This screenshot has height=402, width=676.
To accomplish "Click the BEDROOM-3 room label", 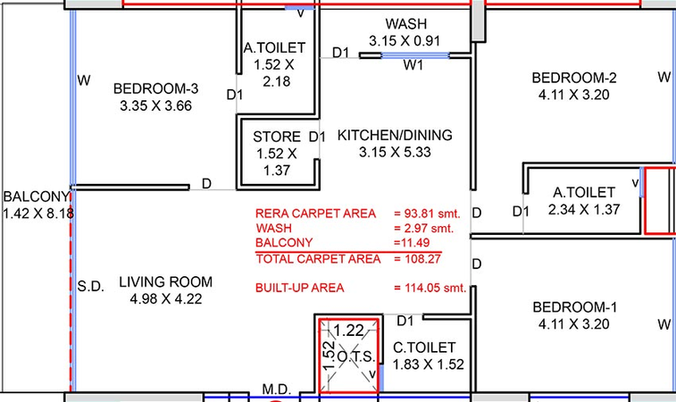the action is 155,88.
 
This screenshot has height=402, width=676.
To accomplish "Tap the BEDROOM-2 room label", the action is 574,78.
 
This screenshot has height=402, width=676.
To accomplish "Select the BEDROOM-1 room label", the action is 575,307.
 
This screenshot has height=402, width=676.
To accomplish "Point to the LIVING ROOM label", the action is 165,281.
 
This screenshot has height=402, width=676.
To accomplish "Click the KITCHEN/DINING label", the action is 395,135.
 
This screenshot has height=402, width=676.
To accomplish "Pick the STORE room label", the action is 277,137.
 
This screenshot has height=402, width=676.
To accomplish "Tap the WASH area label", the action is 406,24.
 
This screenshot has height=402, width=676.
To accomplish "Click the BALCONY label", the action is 37,197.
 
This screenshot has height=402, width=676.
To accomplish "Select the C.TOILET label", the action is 424,348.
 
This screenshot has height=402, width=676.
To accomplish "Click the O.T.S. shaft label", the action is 355,356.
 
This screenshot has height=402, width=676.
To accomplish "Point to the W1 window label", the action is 413,65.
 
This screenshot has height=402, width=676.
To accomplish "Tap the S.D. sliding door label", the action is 90,286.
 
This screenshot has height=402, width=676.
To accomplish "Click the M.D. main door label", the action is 276,389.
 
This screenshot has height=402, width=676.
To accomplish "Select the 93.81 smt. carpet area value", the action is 432,214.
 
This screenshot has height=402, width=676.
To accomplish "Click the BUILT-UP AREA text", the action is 300,288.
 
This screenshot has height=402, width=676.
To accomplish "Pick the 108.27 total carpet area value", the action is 422,259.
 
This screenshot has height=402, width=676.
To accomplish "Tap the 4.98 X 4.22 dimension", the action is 166,299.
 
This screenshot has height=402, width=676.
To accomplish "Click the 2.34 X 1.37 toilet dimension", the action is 584,210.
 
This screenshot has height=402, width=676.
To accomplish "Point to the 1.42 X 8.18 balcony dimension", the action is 38,214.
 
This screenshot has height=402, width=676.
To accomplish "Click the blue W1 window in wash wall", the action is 415,55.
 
